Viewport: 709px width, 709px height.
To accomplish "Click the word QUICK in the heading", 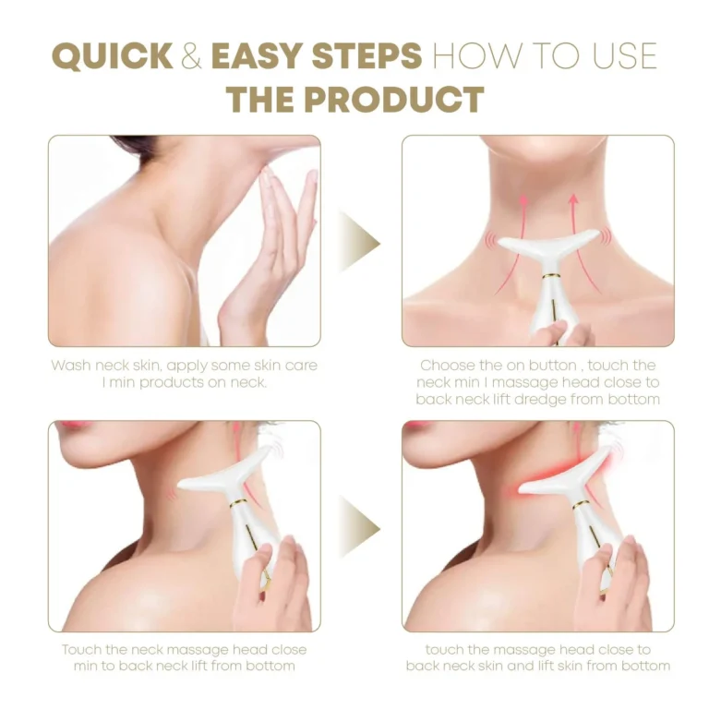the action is [113, 56].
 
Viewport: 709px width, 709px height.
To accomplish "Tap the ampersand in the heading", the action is [191, 56].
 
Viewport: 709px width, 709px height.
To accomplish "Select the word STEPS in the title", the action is [367, 56].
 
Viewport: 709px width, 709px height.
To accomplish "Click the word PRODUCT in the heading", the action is [394, 100].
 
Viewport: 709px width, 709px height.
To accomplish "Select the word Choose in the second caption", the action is [444, 365].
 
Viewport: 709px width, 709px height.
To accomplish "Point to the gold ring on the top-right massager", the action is [550, 275].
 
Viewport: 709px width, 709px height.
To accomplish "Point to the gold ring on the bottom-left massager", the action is [238, 503].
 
